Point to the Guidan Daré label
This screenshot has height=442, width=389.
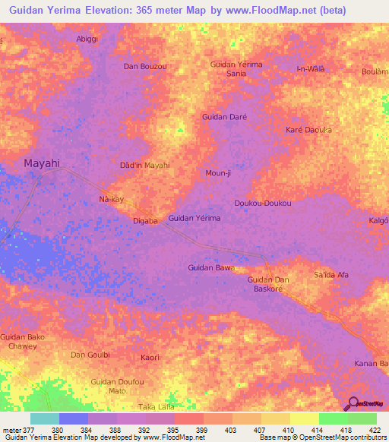224,117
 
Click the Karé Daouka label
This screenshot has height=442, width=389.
308,130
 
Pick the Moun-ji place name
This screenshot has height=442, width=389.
217,172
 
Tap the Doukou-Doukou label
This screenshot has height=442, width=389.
263,204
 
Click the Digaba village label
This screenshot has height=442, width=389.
145,221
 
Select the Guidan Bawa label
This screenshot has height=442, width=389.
210,267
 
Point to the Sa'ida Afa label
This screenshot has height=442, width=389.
330,274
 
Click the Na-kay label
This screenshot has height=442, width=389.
111,199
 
